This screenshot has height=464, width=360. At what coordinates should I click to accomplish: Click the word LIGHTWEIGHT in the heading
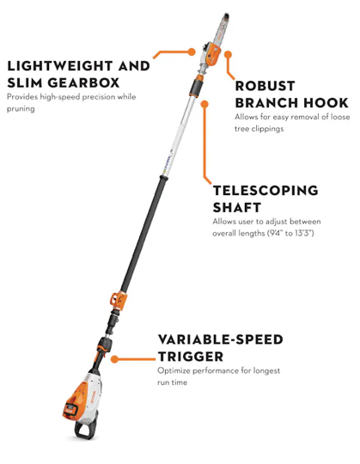tap(60, 65)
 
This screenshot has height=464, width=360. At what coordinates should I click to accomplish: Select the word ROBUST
tap(265, 86)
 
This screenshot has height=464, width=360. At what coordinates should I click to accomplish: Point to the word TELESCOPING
tap(265, 190)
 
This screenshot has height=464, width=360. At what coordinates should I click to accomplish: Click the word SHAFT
tap(237, 207)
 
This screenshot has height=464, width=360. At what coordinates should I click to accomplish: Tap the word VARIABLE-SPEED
tap(220, 339)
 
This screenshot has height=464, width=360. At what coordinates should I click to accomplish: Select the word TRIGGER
tap(191, 357)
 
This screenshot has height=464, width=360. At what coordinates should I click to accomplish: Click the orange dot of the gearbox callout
tap(192, 52)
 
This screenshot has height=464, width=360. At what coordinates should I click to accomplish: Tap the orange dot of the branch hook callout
tap(228, 54)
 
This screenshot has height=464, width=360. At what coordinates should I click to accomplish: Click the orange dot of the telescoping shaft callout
tap(204, 104)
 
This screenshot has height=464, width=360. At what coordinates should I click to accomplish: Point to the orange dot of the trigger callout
tap(115, 359)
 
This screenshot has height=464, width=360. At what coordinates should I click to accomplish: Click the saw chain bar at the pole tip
tap(222, 29)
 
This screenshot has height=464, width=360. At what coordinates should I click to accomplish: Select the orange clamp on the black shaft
tap(119, 301)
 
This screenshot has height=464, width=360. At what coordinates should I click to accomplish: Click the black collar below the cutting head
tap(197, 88)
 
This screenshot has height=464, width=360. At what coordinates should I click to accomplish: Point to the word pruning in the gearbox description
tap(21, 109)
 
